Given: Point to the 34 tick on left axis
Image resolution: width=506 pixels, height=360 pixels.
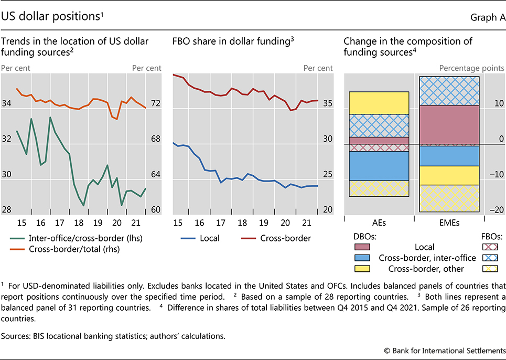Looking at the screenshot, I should [x=7, y=104].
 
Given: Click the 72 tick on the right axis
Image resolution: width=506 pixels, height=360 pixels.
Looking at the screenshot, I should [x=155, y=104].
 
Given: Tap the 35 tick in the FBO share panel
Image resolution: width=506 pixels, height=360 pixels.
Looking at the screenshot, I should [x=327, y=104].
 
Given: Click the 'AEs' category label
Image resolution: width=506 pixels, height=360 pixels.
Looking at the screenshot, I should [x=379, y=223].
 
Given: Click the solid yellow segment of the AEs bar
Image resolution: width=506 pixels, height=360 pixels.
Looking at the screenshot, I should [x=379, y=103].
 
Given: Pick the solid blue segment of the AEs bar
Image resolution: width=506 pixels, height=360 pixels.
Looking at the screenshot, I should [x=379, y=166].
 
